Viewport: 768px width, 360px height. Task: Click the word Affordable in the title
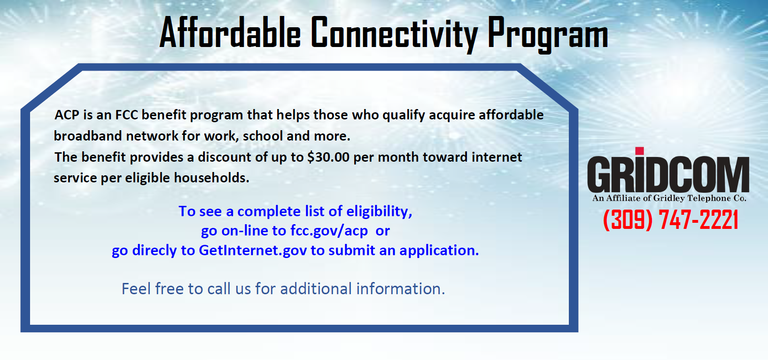click(230, 32)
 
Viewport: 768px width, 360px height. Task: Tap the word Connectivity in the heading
click(394, 34)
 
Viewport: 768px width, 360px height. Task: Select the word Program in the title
click(548, 34)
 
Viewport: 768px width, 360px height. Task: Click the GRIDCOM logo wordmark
click(668, 174)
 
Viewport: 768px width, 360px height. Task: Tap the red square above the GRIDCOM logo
click(639, 151)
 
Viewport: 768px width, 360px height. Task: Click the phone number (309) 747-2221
click(671, 219)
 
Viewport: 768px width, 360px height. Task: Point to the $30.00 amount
click(328, 157)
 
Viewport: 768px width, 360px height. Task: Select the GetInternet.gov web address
click(253, 250)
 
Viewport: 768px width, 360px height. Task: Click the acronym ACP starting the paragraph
click(67, 115)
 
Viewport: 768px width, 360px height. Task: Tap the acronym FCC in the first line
click(126, 115)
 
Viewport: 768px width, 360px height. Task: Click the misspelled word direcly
click(154, 251)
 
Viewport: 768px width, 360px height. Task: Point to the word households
click(211, 178)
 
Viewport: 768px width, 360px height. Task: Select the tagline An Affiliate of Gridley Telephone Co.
click(669, 198)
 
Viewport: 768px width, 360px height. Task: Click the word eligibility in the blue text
click(379, 212)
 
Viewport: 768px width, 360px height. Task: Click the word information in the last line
click(401, 289)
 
